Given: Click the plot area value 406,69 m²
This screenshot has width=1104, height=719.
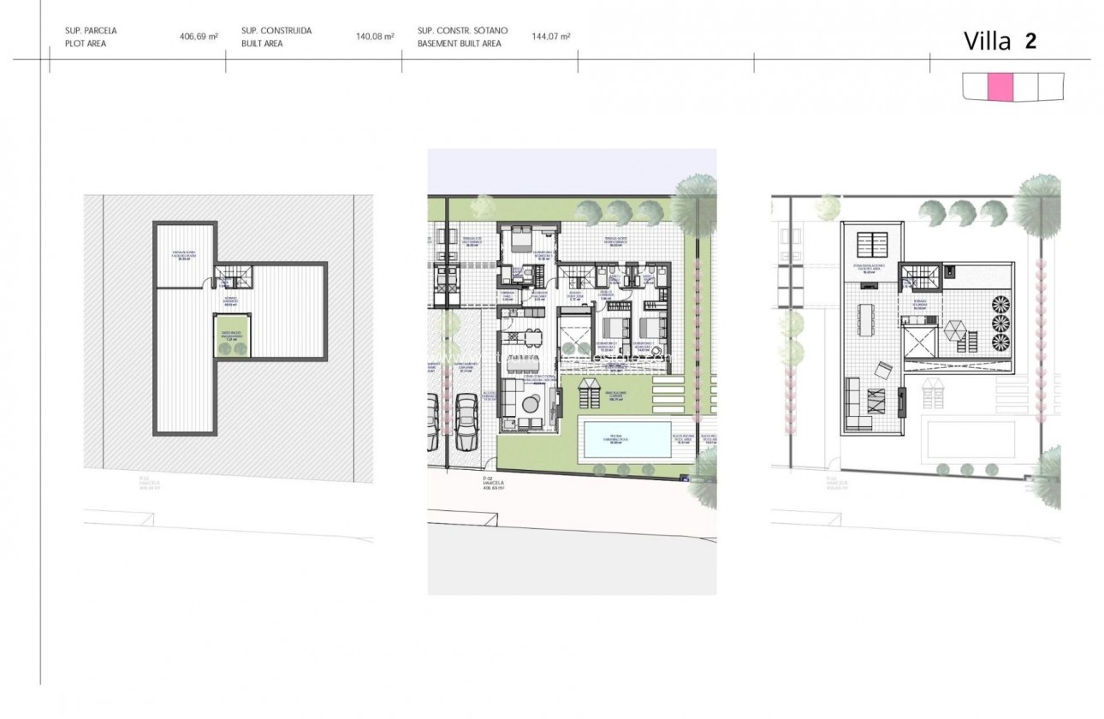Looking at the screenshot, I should (x=199, y=37).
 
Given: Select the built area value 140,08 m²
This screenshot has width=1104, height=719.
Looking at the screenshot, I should (x=375, y=37).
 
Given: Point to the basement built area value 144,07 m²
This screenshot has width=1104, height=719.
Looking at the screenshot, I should (x=551, y=37).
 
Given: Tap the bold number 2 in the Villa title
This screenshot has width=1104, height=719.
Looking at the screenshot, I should (x=1030, y=40).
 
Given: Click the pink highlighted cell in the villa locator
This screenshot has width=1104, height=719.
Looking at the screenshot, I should (x=1000, y=86).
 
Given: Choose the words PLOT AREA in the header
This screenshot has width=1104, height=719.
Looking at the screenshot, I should (x=86, y=43).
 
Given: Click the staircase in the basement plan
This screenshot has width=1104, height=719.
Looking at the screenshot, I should (x=233, y=277).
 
